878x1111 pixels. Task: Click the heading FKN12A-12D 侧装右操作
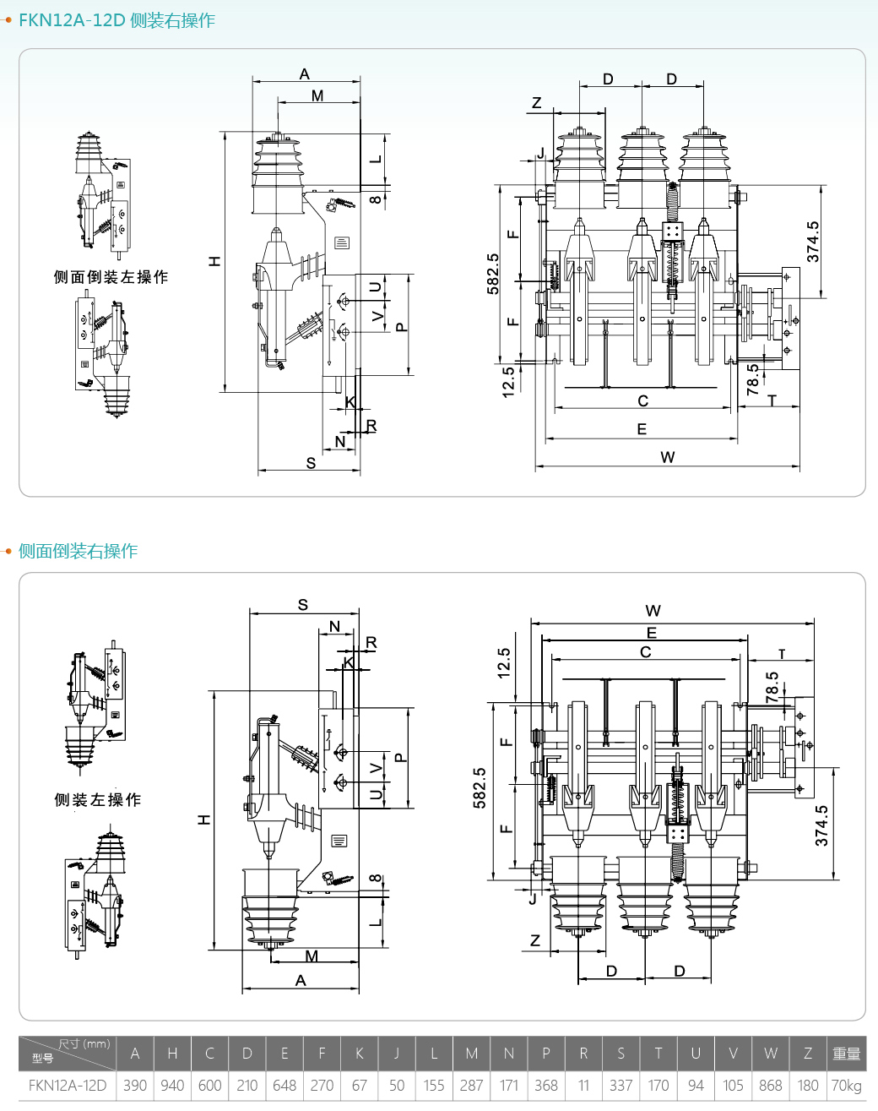[x=117, y=20]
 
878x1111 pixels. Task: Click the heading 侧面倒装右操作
[x=78, y=551]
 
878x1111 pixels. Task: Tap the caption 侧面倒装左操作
[x=111, y=277]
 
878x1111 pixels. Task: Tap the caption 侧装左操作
[x=98, y=799]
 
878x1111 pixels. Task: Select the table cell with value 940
[x=172, y=1085]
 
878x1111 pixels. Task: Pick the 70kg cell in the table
[x=846, y=1085]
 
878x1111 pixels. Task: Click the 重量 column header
[x=846, y=1053]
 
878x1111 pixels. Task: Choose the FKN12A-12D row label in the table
[x=68, y=1085]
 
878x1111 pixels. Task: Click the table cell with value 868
[x=770, y=1085]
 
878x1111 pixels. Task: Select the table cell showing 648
[x=285, y=1085]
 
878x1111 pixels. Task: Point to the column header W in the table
[x=770, y=1053]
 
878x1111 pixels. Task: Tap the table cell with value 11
[x=583, y=1085]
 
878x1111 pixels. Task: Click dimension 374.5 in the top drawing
[x=813, y=242]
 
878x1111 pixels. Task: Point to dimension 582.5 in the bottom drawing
[x=480, y=787]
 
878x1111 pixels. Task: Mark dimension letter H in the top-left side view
[x=214, y=261]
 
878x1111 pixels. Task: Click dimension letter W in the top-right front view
[x=668, y=457]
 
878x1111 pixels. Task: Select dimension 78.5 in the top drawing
[x=753, y=379]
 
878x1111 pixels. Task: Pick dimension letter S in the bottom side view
[x=303, y=604]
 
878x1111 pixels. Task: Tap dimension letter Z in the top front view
[x=536, y=103]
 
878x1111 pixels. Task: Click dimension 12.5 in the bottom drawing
[x=504, y=663]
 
